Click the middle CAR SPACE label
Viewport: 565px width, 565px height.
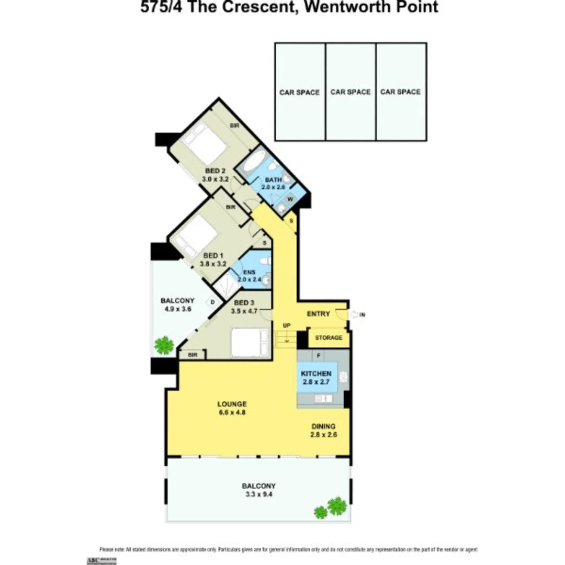[x=351, y=92]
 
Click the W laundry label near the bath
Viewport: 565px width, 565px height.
[x=289, y=199]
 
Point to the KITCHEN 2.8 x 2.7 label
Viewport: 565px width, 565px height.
[x=316, y=378]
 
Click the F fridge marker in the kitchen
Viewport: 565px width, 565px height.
[x=319, y=356]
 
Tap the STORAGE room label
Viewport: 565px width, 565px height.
[x=329, y=338]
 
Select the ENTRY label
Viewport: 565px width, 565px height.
[x=318, y=314]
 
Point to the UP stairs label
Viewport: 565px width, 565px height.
[x=286, y=325]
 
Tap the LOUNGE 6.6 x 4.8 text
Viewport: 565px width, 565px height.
[x=232, y=408]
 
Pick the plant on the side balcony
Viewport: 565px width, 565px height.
[x=164, y=345]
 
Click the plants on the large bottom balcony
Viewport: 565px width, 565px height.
[x=332, y=507]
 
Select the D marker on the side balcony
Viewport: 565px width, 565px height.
[x=213, y=302]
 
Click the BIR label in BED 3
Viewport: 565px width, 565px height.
[x=191, y=355]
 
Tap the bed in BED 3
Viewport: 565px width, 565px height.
[x=249, y=343]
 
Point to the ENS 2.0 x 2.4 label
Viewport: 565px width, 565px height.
[x=249, y=276]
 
